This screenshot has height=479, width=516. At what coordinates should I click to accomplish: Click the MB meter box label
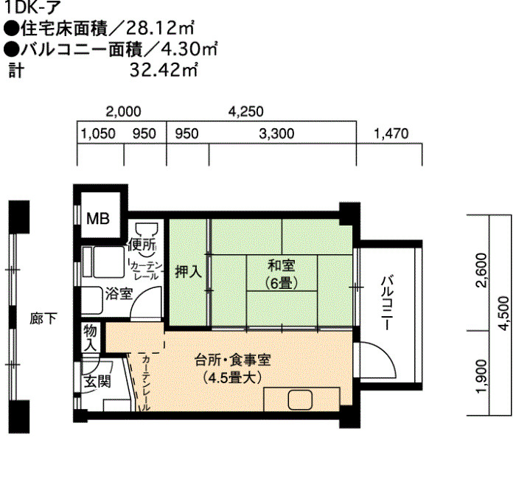[x=98, y=218]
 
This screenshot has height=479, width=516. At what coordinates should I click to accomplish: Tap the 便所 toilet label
[x=142, y=244]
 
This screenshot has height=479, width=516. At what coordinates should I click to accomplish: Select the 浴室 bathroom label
[x=119, y=294]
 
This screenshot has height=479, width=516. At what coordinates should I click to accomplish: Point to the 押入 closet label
[x=188, y=272]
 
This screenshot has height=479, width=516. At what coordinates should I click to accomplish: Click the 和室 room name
[x=282, y=265]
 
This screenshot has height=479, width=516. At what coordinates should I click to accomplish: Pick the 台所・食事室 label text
[x=232, y=360]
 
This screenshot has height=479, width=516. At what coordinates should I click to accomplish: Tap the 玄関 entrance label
[x=97, y=382]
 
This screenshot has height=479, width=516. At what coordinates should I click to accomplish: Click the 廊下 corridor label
[x=43, y=318]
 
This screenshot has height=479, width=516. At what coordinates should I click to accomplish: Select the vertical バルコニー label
[x=387, y=303]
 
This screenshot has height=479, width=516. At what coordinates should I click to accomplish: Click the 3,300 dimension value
[x=276, y=134]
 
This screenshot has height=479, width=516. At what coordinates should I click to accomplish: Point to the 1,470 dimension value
[x=391, y=134]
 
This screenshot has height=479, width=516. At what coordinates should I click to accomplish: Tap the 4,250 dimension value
[x=245, y=111]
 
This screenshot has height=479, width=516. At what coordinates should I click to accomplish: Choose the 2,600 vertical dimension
[x=483, y=270]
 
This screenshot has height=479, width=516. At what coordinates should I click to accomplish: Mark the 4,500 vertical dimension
[x=504, y=313]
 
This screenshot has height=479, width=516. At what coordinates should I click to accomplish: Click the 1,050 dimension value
[x=98, y=134]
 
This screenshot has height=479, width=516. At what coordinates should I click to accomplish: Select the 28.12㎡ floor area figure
[x=160, y=28]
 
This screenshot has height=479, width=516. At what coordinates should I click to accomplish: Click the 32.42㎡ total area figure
[x=164, y=70]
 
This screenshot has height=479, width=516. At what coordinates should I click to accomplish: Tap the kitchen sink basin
[x=300, y=399]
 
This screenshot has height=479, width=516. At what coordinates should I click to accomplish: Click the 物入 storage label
[x=90, y=338]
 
